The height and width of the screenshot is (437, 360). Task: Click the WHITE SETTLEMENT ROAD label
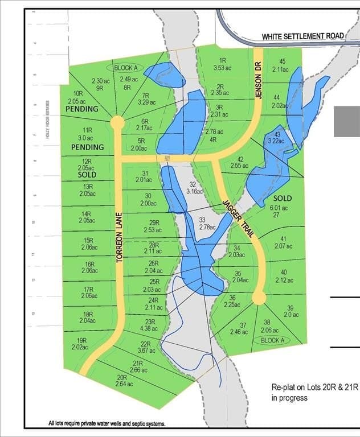(302, 36)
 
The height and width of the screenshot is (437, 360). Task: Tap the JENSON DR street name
(258, 80)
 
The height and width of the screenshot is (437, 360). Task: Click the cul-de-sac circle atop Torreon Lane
(117, 122)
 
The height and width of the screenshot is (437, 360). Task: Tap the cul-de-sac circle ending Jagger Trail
(259, 298)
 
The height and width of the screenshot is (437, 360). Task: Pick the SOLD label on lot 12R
(87, 176)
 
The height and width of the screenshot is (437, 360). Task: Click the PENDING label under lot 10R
(82, 109)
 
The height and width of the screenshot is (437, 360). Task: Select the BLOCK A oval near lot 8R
(126, 68)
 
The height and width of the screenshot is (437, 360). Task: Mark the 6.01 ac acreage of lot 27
(283, 208)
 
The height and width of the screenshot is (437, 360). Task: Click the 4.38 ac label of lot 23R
(152, 328)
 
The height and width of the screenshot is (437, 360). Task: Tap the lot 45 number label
(282, 61)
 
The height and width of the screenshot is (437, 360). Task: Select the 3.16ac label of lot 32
(194, 192)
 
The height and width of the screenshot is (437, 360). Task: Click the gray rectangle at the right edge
(347, 121)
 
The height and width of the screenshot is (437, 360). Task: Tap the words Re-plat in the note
(284, 387)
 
